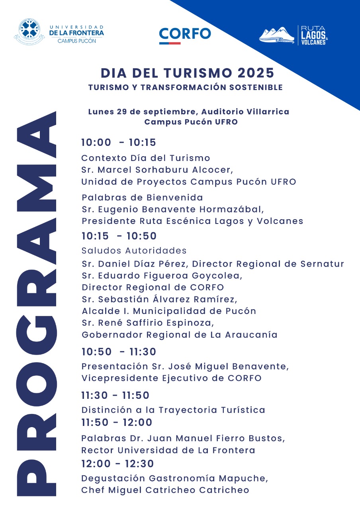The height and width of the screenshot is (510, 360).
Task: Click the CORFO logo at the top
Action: [185, 35]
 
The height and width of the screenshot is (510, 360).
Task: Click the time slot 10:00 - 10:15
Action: [119, 143]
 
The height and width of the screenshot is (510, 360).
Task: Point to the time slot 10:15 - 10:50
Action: [119, 236]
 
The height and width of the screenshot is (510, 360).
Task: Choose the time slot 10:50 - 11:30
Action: [119, 352]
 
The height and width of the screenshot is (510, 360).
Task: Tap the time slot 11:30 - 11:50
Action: [115, 396]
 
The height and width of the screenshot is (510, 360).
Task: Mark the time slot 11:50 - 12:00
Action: [117, 422]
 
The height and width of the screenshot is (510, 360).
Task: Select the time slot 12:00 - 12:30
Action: [117, 464]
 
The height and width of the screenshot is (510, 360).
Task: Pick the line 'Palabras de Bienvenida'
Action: [142, 198]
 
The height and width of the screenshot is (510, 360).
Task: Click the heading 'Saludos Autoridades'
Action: [134, 251]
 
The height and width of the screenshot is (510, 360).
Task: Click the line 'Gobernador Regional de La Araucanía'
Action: [179, 335]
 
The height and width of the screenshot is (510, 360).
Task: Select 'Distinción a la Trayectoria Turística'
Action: [173, 410]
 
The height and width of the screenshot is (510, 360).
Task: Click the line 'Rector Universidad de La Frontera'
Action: [168, 450]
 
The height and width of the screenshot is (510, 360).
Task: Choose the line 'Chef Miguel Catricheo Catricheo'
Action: [165, 490]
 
